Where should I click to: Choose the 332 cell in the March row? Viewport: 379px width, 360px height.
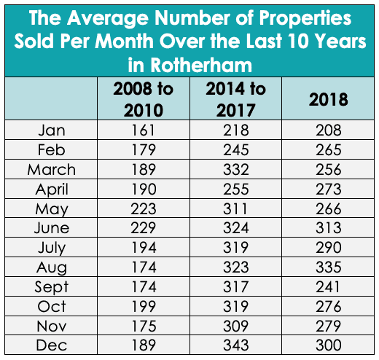(235, 169)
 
